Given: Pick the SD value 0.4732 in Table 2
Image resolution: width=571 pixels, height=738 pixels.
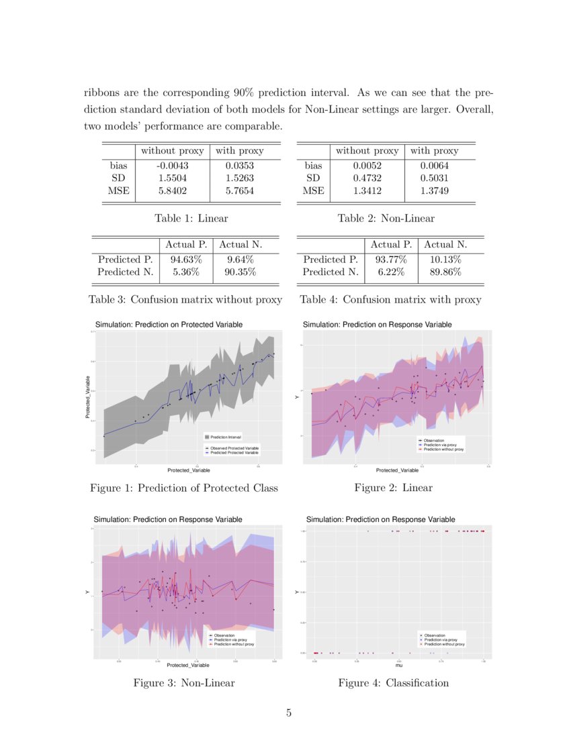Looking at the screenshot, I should (367, 178).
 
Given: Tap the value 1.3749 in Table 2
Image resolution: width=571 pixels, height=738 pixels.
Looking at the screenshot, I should (434, 191).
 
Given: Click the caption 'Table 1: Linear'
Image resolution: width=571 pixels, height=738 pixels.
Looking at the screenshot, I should (191, 218).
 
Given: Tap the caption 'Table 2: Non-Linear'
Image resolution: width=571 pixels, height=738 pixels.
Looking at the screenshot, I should (386, 218).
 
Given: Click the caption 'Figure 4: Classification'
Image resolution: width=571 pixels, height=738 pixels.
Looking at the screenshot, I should (393, 682).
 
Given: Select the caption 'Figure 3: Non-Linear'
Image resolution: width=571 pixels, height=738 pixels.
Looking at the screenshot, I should (183, 682).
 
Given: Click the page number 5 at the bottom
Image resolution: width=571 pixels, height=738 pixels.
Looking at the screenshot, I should (288, 713).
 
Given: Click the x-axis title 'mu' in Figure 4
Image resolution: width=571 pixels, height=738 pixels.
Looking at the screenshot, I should (399, 666).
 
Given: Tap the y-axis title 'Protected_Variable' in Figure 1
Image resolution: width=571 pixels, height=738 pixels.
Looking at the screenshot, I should (88, 398).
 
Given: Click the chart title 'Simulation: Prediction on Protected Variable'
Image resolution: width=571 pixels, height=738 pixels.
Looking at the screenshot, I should (169, 325).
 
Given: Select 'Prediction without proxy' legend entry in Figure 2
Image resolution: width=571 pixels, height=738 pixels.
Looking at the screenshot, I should (444, 450).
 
